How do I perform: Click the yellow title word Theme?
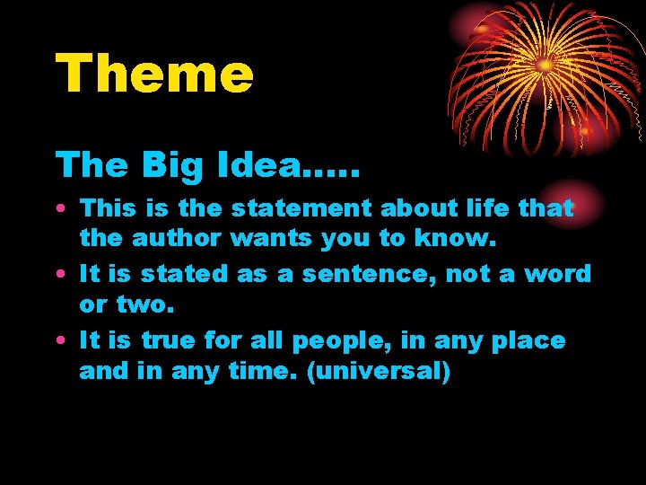tap(154, 74)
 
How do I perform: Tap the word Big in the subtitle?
tap(165, 164)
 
